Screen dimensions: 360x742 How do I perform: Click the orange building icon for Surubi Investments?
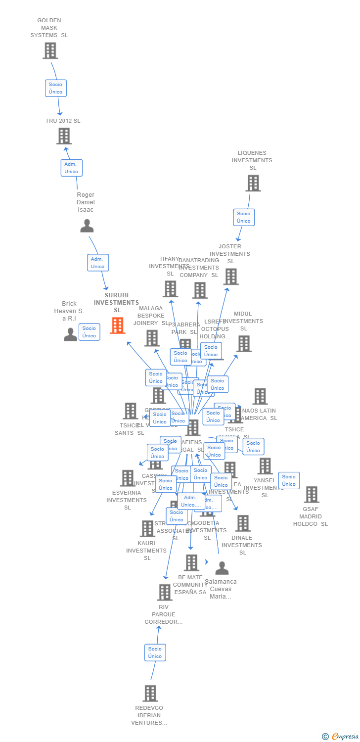117,325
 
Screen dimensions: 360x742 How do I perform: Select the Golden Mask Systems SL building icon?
50,50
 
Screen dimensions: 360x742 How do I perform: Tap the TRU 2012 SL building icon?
64,136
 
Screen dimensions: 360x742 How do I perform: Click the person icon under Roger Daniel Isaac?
87,226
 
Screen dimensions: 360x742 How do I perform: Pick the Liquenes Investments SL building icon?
253,183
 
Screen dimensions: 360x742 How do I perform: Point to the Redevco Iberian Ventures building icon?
150,693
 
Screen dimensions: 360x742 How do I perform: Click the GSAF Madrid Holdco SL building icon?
312,494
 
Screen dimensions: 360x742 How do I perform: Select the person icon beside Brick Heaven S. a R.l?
71,334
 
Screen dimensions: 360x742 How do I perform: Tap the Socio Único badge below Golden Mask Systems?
56,88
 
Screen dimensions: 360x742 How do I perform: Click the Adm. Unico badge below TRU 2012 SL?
71,168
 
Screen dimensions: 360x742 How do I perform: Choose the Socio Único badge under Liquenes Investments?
244,217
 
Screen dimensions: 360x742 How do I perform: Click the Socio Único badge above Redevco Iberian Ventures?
155,652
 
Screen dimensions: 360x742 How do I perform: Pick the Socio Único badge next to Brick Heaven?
90,332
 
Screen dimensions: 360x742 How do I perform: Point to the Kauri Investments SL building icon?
147,528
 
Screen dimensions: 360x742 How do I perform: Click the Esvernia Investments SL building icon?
128,478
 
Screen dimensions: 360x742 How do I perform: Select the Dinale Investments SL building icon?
243,523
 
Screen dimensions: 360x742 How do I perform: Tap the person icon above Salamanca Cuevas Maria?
222,568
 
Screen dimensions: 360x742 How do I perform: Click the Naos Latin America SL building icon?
260,396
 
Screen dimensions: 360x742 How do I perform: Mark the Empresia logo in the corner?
340,737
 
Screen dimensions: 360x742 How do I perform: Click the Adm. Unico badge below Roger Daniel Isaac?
97,263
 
